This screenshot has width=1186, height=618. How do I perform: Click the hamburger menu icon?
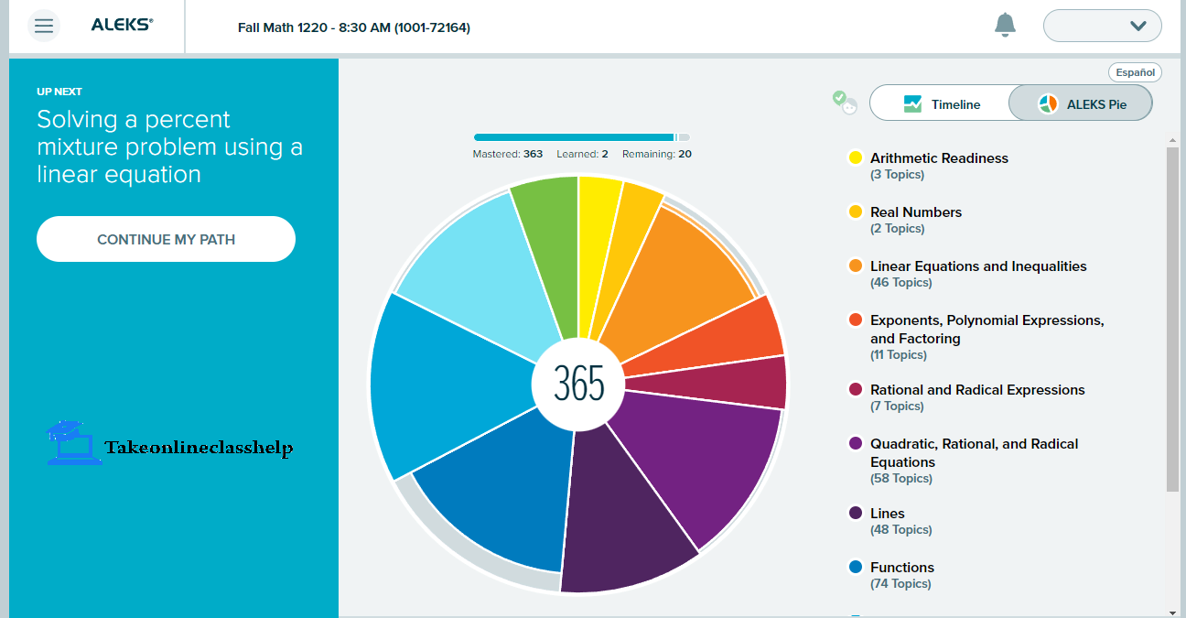tap(43, 26)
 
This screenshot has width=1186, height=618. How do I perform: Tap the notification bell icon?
tap(1005, 25)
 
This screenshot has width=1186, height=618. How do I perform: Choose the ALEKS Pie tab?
tap(1082, 104)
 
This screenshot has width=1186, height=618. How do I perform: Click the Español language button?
tap(1135, 72)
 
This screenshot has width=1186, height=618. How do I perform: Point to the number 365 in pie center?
tap(578, 384)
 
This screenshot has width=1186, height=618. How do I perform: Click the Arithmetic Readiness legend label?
tap(939, 158)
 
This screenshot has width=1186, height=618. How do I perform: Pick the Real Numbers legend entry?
tap(915, 212)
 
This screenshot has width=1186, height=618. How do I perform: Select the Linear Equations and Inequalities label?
tap(977, 266)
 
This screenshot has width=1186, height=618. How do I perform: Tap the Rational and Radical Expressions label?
tap(976, 390)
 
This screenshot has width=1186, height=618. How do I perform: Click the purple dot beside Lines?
tap(856, 514)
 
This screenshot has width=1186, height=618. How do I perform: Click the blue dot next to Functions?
tap(856, 568)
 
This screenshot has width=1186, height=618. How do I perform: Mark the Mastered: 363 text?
tap(507, 155)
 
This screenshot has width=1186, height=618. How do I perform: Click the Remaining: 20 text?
tap(656, 155)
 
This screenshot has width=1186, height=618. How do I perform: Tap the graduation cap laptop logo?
tap(73, 443)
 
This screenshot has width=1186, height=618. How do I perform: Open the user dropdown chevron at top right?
tap(1137, 26)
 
